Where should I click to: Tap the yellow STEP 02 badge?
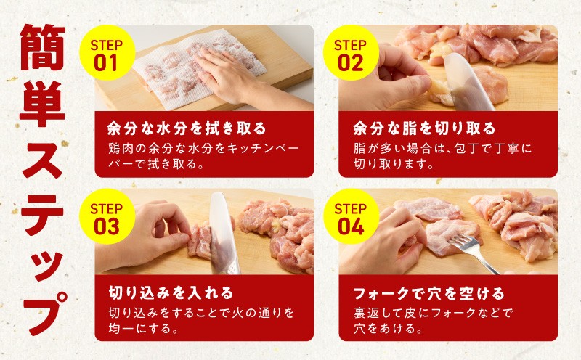[x=351, y=52]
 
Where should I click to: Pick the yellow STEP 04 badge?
[x=351, y=217]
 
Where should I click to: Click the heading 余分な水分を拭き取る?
[x=187, y=128]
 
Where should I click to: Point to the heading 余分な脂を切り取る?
[x=424, y=128]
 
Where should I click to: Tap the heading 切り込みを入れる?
[x=171, y=292]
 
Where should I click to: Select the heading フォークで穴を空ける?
[x=429, y=293]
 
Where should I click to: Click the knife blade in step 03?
[x=224, y=233]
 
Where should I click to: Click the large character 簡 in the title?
[x=42, y=47]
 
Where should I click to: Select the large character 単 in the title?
[x=42, y=104]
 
